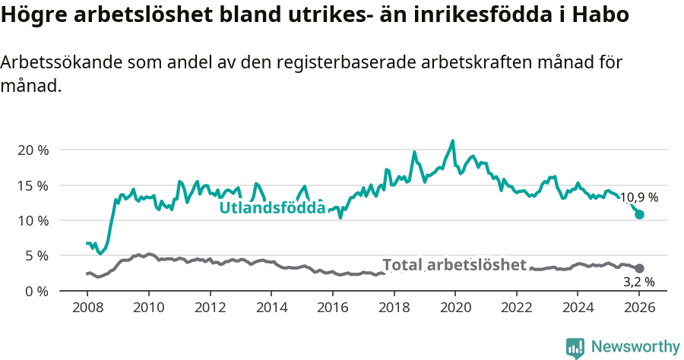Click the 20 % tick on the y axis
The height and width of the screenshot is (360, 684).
(x=33, y=150)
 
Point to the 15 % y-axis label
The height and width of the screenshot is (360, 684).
(x=33, y=185)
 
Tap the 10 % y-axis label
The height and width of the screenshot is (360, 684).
(x=33, y=220)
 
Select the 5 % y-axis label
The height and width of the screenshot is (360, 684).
(x=36, y=256)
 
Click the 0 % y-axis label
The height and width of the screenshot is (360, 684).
(x=36, y=291)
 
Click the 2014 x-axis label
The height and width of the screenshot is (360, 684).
(x=271, y=308)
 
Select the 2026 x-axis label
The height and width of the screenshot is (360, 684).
(x=639, y=308)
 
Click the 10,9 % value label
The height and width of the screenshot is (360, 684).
(x=638, y=197)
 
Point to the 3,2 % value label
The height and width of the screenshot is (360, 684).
(x=638, y=282)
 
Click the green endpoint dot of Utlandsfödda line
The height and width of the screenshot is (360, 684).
(x=640, y=215)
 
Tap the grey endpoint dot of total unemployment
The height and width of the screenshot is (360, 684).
(x=640, y=269)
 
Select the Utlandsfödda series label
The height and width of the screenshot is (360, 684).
(x=272, y=207)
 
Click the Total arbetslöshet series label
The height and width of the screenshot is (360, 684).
(x=454, y=264)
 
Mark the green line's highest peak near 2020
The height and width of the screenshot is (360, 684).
(x=453, y=141)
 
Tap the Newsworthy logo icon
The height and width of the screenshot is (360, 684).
(x=575, y=348)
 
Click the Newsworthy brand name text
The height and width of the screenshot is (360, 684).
(x=635, y=347)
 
